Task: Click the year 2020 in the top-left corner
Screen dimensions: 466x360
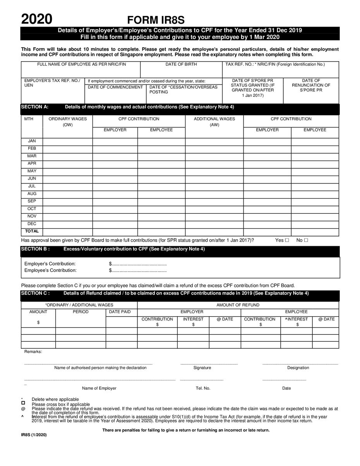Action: [x=37, y=19]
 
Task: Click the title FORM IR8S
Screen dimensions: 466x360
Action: [x=156, y=20]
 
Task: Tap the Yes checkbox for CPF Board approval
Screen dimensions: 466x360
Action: [x=287, y=240]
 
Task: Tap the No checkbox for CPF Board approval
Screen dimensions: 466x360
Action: [x=306, y=240]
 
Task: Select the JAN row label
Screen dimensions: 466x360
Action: [x=32, y=141]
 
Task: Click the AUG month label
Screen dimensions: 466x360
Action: [x=32, y=194]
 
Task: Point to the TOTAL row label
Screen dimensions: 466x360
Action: [x=32, y=231]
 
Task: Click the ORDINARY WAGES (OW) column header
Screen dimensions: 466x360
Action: [x=67, y=122]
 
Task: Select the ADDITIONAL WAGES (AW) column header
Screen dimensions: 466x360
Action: [x=214, y=122]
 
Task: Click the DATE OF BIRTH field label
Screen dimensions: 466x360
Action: [x=181, y=64]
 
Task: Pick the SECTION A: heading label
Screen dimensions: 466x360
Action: [x=34, y=107]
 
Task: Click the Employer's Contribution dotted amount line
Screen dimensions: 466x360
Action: [x=138, y=264]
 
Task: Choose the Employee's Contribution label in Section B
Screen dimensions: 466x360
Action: [x=50, y=271]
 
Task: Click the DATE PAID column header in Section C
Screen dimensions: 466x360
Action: [x=120, y=312]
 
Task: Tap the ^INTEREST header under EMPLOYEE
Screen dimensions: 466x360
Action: [x=297, y=319]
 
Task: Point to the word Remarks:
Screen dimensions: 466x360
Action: [x=33, y=351]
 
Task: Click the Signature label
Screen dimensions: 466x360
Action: [x=202, y=368]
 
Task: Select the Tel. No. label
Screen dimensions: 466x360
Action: [x=203, y=388]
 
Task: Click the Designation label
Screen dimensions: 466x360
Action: [x=298, y=368]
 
